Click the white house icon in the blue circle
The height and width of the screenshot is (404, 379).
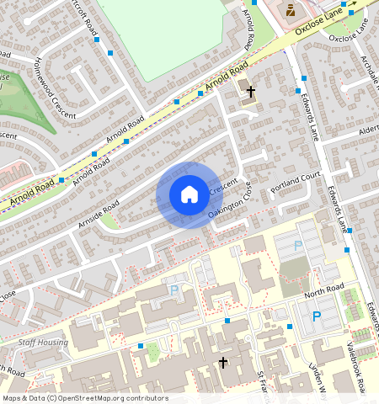click(189, 194)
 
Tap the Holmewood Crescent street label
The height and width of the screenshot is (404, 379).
click(53, 85)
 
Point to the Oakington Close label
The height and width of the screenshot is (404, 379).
click(230, 206)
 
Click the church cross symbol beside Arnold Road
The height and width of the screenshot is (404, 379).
click(250, 88)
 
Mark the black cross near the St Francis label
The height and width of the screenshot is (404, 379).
click(222, 363)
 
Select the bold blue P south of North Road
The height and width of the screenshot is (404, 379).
click(317, 316)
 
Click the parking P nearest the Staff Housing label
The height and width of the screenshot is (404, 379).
click(174, 290)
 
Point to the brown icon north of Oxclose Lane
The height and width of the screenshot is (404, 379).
click(291, 11)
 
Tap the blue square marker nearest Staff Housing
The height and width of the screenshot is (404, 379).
click(140, 346)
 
